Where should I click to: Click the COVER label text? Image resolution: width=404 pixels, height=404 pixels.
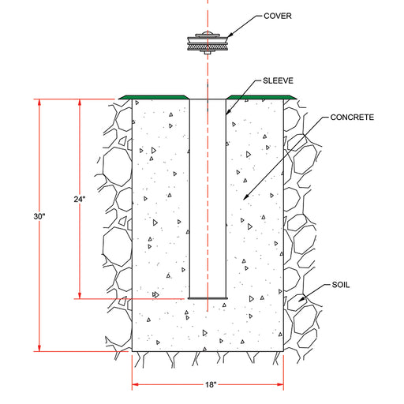tap(278, 16)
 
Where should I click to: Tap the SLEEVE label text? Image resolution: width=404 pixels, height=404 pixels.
tap(278, 80)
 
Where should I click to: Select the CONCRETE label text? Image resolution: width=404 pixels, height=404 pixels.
tap(352, 117)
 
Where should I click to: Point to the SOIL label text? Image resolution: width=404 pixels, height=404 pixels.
tap(341, 285)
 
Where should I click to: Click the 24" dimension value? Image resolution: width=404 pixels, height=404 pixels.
tap(80, 200)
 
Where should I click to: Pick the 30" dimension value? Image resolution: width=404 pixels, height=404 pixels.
tap(39, 216)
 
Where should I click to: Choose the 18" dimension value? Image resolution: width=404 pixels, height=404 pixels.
tap(211, 385)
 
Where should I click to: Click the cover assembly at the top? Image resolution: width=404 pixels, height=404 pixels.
tap(208, 42)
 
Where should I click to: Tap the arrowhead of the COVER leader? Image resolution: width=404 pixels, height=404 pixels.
tap(230, 35)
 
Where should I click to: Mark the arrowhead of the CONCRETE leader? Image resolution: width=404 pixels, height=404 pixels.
tap(245, 197)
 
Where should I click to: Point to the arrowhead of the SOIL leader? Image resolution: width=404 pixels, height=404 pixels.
tap(301, 299)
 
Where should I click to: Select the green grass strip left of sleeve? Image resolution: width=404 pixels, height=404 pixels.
tap(154, 97)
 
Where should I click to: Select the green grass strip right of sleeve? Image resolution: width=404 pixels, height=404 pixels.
tap(261, 97)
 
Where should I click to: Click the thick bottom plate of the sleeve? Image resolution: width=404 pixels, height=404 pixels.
tap(208, 298)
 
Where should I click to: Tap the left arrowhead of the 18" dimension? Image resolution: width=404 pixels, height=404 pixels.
tap(135, 385)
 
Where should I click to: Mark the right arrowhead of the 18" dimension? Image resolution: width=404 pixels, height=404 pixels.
tap(280, 385)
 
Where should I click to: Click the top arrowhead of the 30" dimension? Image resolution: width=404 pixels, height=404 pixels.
tap(39, 103)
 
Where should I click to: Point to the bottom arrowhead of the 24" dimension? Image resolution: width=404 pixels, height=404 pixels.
tap(80, 295)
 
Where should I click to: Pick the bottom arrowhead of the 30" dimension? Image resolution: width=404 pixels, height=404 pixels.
tap(39, 348)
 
